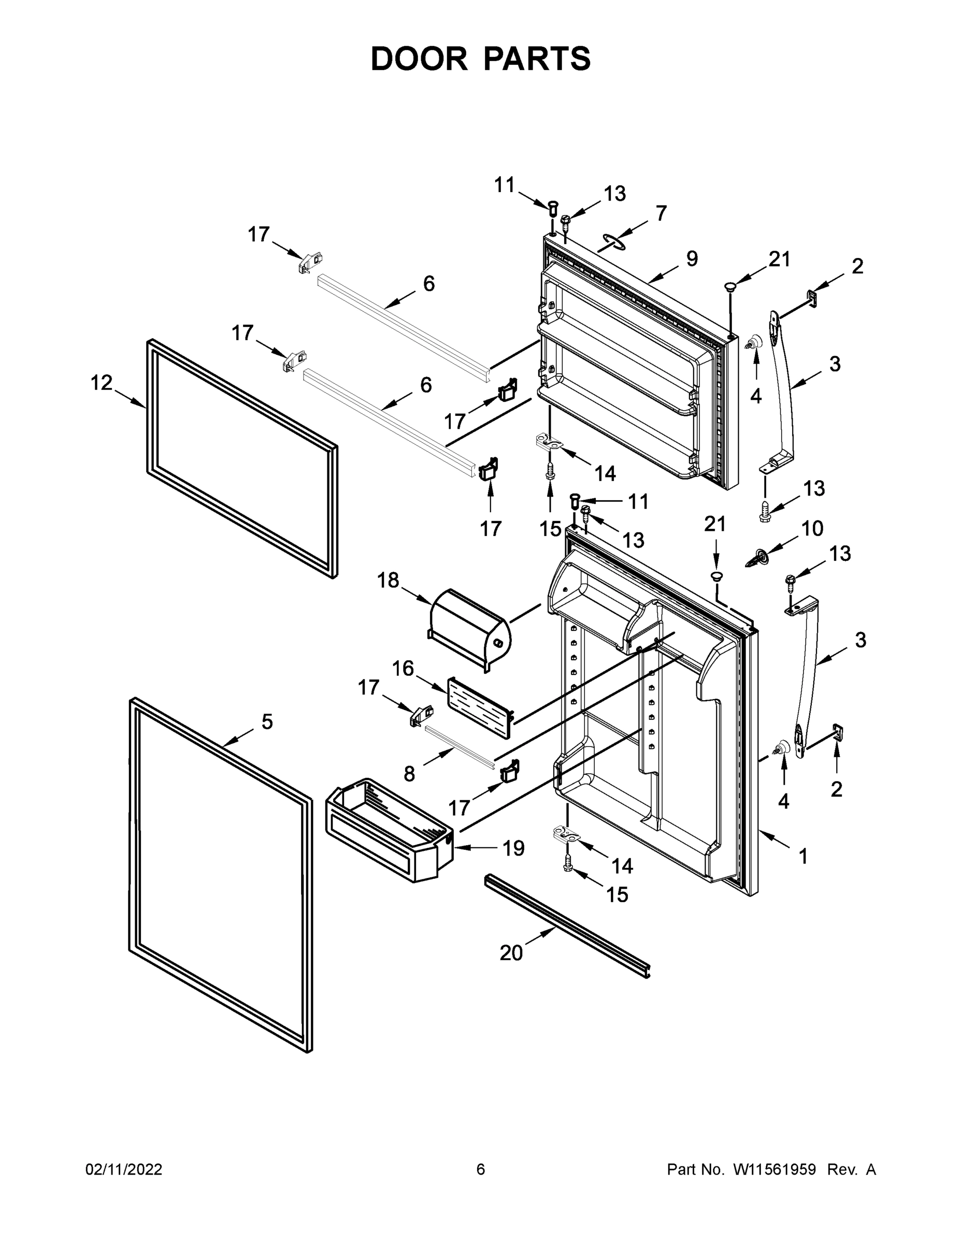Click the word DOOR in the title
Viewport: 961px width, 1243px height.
point(419,59)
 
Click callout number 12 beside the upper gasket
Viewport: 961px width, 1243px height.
point(102,383)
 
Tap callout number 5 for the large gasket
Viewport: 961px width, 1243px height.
point(267,721)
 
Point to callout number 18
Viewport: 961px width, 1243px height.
point(388,581)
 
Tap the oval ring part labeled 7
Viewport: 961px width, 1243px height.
point(611,242)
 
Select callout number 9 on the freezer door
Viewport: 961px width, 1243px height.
point(692,259)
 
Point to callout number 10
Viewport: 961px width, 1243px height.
point(812,529)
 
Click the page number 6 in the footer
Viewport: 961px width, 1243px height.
point(481,1169)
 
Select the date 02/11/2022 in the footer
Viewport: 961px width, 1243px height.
point(123,1169)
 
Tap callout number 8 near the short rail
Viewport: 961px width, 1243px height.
point(409,773)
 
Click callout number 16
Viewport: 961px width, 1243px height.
point(403,668)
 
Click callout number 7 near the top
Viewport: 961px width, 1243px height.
point(661,213)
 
